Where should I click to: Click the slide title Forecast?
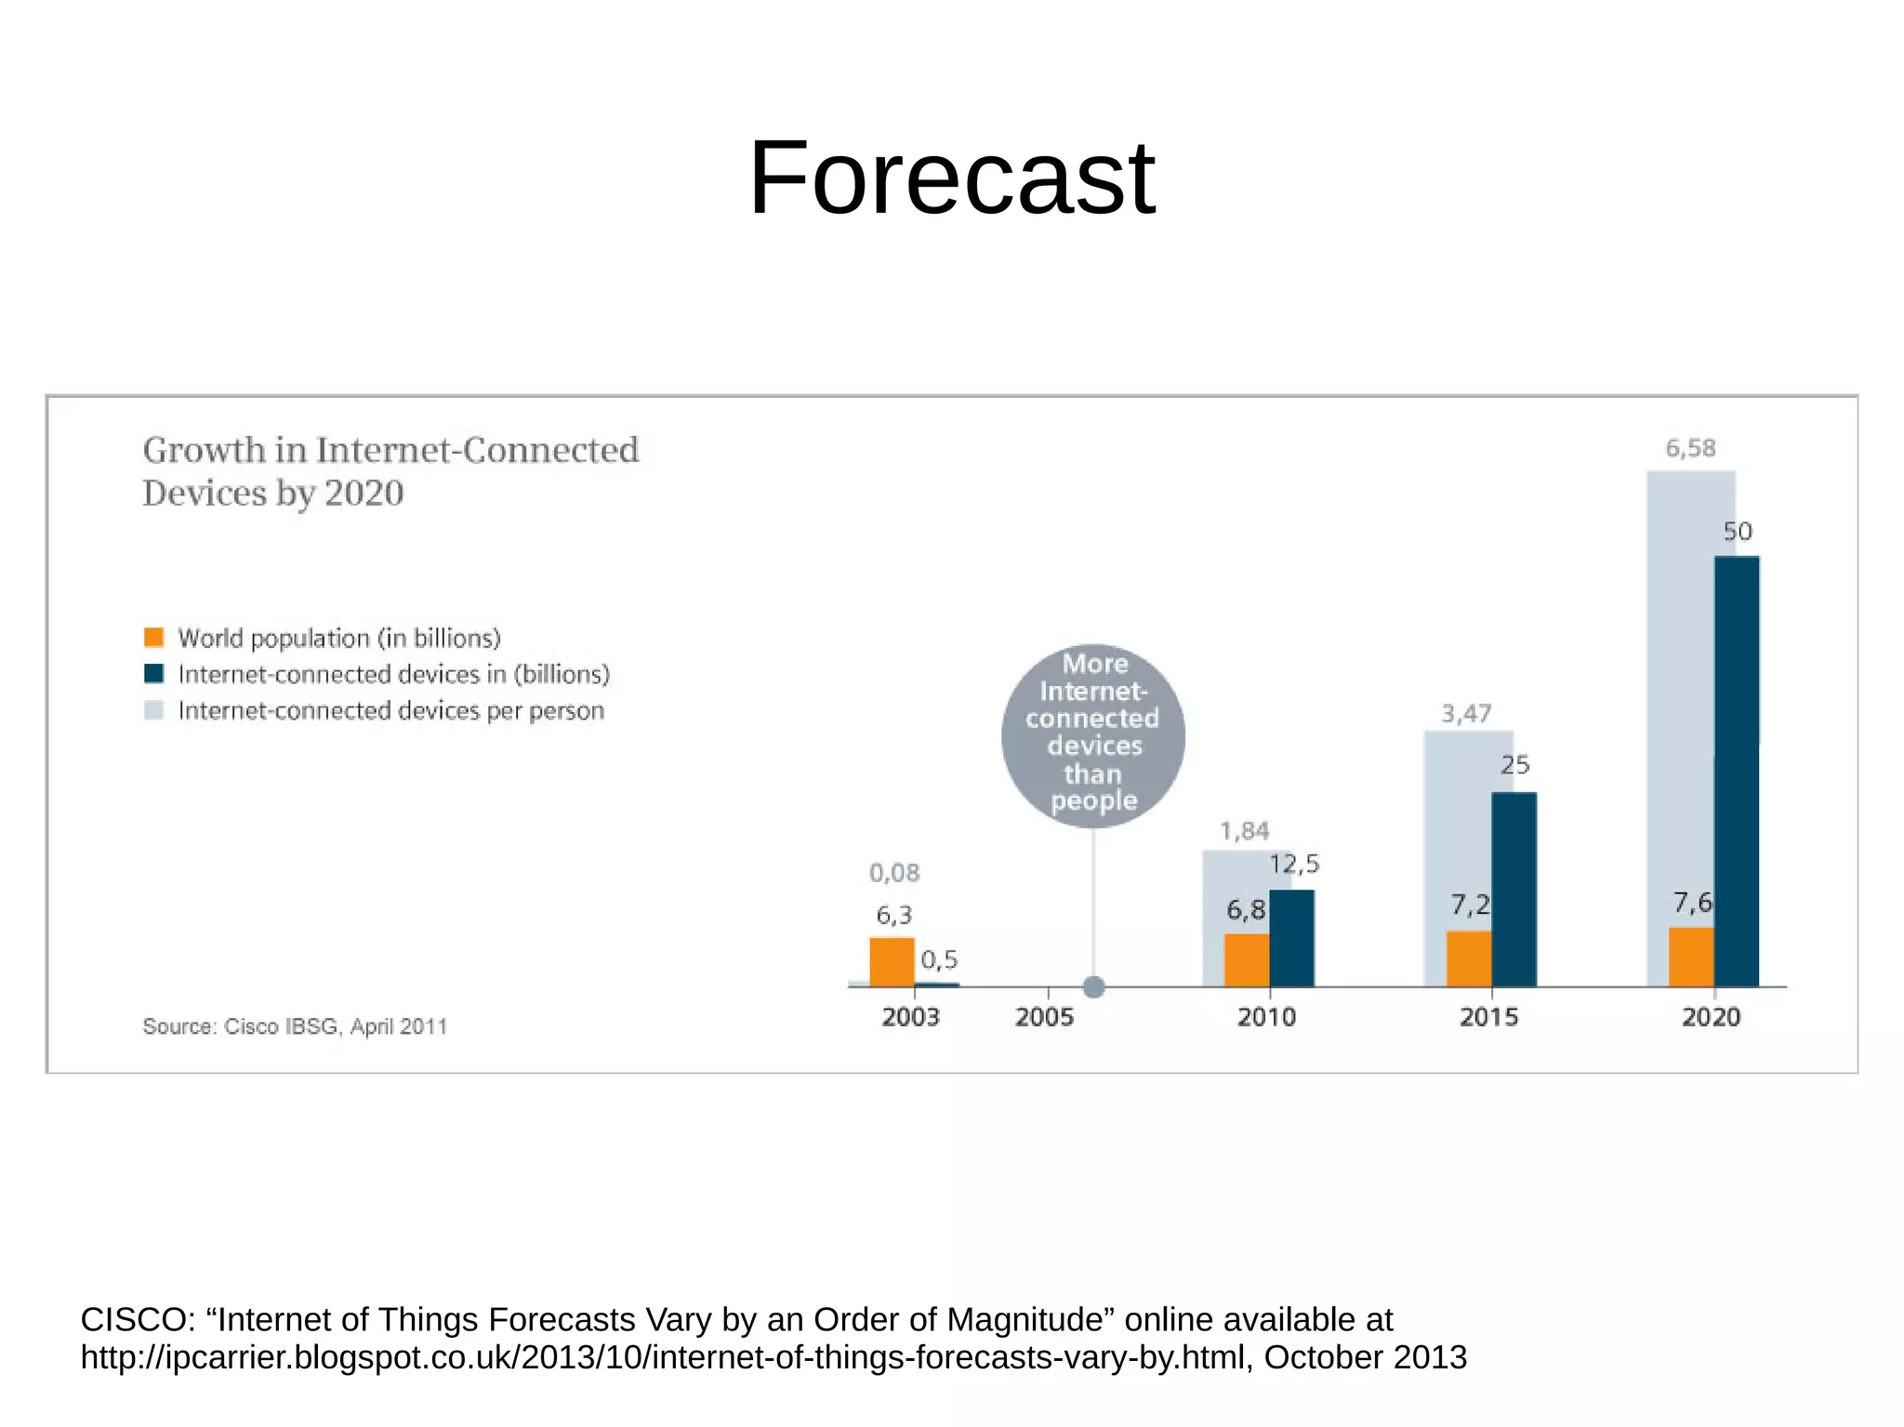(951, 178)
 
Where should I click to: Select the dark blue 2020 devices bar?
(1736, 772)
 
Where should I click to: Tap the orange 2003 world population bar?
(892, 961)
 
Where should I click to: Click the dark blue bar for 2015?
(1514, 889)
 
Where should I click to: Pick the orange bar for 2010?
(1246, 959)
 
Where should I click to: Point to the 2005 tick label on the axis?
(1044, 1017)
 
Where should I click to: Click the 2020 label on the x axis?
(1711, 1017)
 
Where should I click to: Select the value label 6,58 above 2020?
(1690, 448)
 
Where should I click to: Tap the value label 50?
(1737, 532)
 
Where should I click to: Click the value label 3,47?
(1466, 714)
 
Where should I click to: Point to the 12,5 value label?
(1294, 865)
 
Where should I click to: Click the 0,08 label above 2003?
(894, 873)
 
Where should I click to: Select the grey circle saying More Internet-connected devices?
(1093, 734)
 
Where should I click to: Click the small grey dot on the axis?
(1094, 987)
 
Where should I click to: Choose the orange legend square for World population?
(154, 638)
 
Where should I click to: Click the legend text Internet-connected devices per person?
(390, 711)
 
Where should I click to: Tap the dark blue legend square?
(154, 674)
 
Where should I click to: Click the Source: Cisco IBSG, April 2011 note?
(295, 1026)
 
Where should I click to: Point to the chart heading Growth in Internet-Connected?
(390, 450)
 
